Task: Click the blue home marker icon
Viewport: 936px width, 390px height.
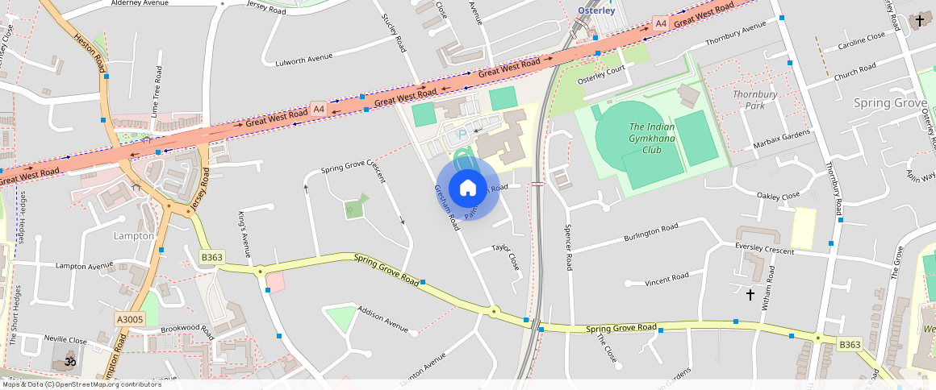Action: coord(468,189)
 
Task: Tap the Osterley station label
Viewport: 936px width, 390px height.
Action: coord(597,10)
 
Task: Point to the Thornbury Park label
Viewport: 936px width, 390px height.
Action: coord(754,100)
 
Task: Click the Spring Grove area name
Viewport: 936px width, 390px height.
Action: coord(890,103)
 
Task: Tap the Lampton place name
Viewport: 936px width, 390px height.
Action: coord(134,236)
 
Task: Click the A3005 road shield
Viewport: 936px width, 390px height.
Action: coord(130,320)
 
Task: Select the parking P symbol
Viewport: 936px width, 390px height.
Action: coord(462,134)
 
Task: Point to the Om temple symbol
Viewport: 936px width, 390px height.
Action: coord(70,362)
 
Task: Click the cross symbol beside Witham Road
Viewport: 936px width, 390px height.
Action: coord(750,296)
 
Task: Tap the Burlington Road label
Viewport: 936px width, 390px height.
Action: coord(651,234)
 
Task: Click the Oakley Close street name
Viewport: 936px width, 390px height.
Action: coord(778,196)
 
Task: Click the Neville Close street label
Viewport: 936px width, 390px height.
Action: coord(66,341)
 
